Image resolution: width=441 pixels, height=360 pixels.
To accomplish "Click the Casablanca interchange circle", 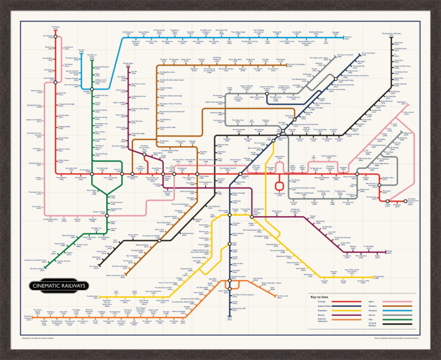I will click(92, 89).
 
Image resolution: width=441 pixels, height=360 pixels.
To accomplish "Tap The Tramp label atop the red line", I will click(56, 27).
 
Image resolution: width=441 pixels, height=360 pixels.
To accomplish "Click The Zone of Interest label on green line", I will click(37, 268).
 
